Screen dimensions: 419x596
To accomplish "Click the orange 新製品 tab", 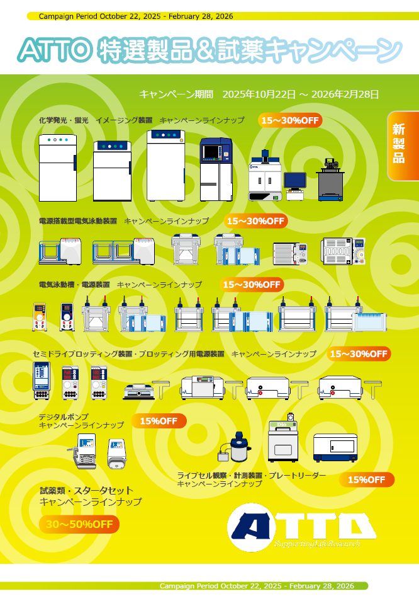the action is [403, 146].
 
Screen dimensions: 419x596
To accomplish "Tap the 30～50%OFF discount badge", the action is [79, 525].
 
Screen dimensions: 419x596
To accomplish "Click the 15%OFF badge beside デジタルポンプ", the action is [159, 421].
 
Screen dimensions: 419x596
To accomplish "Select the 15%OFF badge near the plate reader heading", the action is [367, 479].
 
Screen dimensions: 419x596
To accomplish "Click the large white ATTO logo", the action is [302, 527].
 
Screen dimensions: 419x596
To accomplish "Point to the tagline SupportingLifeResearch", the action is [317, 544].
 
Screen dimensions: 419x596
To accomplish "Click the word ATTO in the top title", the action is [55, 50].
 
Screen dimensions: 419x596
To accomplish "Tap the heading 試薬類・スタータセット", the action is [87, 491].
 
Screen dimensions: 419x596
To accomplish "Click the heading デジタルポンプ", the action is [64, 417].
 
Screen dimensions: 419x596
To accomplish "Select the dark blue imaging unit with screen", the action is [216, 169].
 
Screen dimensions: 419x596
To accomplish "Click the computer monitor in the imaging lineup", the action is [295, 181].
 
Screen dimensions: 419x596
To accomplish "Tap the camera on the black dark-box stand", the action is [330, 163].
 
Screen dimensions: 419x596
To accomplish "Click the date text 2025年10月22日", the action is [259, 95].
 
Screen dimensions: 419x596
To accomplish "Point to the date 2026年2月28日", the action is [345, 95].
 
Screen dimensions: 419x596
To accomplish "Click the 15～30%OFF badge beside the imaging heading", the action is [290, 120].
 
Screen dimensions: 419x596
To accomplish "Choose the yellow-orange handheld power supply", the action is [40, 316].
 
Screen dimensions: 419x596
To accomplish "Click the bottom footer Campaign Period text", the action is [257, 586].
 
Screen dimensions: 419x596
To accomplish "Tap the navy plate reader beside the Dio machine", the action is [335, 447].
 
